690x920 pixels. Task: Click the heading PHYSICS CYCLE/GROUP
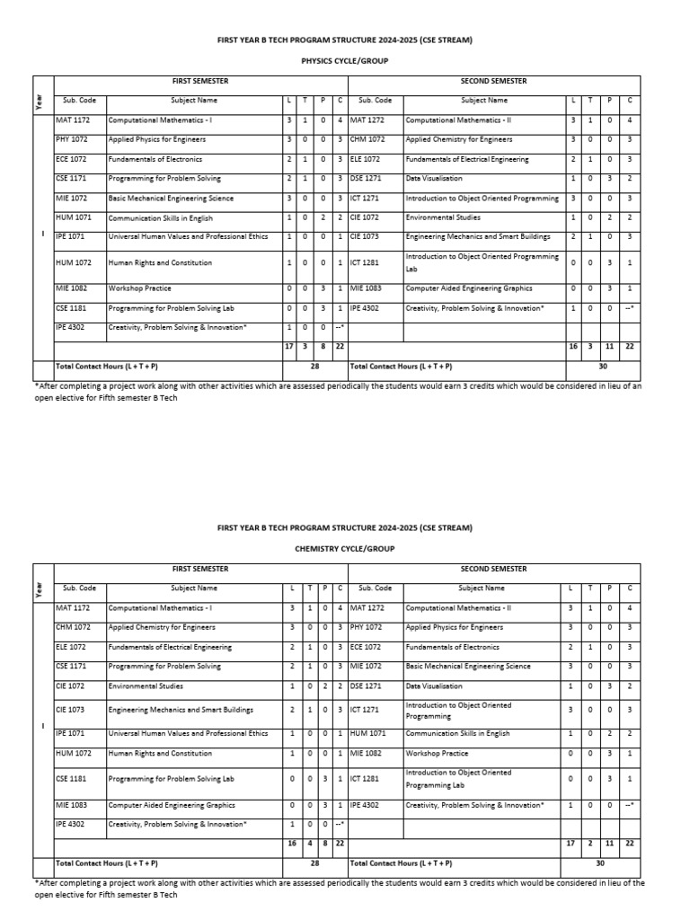pyautogui.click(x=344, y=63)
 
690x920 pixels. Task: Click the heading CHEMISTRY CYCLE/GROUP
pyautogui.click(x=344, y=547)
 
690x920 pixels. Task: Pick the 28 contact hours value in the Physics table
pyautogui.click(x=314, y=367)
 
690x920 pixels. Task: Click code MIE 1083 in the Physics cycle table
pyautogui.click(x=365, y=288)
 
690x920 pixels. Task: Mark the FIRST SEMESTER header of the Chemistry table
pyautogui.click(x=199, y=569)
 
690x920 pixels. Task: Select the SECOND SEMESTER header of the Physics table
pyautogui.click(x=493, y=82)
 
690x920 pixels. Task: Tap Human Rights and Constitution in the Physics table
pyautogui.click(x=160, y=263)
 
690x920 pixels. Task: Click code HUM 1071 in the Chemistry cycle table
pyautogui.click(x=366, y=733)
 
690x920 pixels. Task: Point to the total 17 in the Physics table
pyautogui.click(x=289, y=346)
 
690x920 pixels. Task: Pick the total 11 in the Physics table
pyautogui.click(x=608, y=346)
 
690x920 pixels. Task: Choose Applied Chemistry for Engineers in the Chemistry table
pyautogui.click(x=162, y=627)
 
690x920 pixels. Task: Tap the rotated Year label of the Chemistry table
pyautogui.click(x=40, y=589)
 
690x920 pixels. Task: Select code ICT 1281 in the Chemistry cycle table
pyautogui.click(x=365, y=779)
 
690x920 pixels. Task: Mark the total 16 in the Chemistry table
pyautogui.click(x=291, y=844)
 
